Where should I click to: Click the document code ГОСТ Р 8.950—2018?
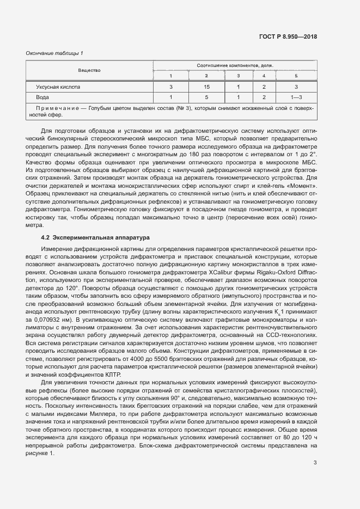[289, 37]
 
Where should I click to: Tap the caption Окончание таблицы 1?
[54, 53]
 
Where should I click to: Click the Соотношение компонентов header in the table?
[235, 65]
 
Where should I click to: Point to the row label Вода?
[42, 97]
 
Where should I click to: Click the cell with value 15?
[206, 87]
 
